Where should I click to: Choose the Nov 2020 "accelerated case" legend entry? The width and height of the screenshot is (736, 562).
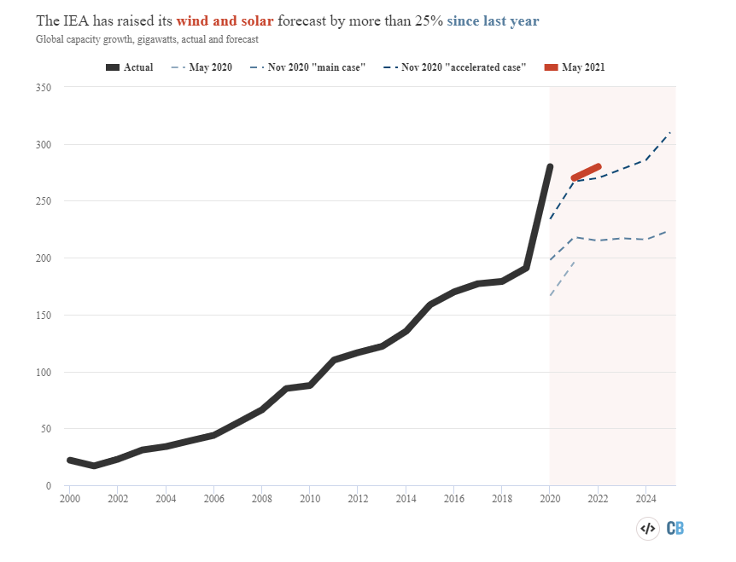coord(455,67)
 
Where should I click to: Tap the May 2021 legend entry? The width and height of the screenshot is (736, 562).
coord(571,67)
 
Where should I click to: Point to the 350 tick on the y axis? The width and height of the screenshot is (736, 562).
coord(44,88)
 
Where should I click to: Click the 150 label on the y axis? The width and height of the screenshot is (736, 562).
coord(44,316)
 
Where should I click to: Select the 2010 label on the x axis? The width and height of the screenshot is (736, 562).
coord(310,498)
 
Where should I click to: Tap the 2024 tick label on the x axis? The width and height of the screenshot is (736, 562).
coord(646,498)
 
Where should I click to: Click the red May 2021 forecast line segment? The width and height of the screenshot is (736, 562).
coord(587,172)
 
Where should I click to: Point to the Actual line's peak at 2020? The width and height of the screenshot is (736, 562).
coord(550,167)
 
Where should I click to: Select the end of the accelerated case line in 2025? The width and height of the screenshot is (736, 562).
coord(670,132)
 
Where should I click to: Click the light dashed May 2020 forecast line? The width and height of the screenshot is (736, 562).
coord(562,279)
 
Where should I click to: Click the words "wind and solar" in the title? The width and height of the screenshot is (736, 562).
coord(225,20)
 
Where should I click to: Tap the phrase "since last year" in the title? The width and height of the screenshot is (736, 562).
coord(493,20)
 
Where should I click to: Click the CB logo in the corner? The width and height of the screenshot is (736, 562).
coord(675,529)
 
